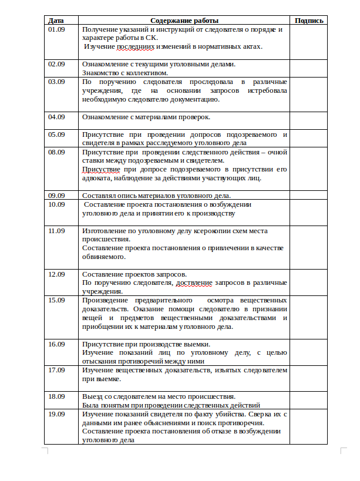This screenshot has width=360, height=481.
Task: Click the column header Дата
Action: (56, 21)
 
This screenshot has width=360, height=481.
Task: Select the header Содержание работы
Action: (184, 21)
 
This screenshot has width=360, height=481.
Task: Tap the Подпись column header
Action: (309, 21)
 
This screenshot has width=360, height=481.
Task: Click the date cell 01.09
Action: (56, 29)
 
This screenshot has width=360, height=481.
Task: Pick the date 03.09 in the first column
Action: (56, 82)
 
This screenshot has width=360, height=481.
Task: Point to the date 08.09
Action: (56, 152)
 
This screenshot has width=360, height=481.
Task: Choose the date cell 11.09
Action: (56, 231)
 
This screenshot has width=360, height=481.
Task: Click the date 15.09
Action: (56, 300)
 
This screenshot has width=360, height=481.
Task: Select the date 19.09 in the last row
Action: (56, 414)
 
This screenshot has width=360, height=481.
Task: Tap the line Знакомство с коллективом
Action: (125, 73)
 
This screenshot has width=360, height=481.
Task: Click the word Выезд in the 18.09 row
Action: (92, 396)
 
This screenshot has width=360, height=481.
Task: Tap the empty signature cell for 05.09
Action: (309, 138)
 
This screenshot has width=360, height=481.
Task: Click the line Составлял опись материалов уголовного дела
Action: (157, 196)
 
